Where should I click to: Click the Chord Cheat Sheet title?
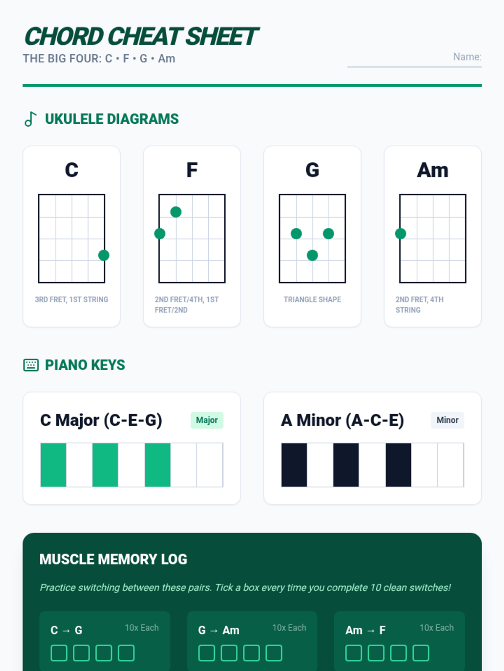pyautogui.click(x=142, y=36)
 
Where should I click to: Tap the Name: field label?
pyautogui.click(x=467, y=57)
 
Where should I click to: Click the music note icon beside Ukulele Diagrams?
pyautogui.click(x=31, y=119)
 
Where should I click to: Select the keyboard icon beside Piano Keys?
pyautogui.click(x=31, y=365)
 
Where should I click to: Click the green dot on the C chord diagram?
pyautogui.click(x=104, y=255)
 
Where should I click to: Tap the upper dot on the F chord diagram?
pyautogui.click(x=176, y=212)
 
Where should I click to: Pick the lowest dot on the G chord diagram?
pyautogui.click(x=312, y=255)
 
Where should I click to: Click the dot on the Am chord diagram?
pyautogui.click(x=401, y=234)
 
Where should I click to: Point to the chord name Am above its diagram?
pyautogui.click(x=433, y=170)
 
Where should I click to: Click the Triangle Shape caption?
pyautogui.click(x=312, y=299)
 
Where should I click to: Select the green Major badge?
pyautogui.click(x=207, y=420)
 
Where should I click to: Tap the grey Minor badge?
pyautogui.click(x=447, y=420)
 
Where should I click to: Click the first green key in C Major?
pyautogui.click(x=53, y=465)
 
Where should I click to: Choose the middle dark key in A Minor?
pyautogui.click(x=346, y=465)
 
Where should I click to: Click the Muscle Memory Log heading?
pyautogui.click(x=113, y=559)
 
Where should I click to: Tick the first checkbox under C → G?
pyautogui.click(x=59, y=653)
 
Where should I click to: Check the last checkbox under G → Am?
pyautogui.click(x=274, y=653)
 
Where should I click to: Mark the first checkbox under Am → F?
pyautogui.click(x=354, y=653)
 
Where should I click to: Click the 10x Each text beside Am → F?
pyautogui.click(x=437, y=627)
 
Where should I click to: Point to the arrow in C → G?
pyautogui.click(x=66, y=630)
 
